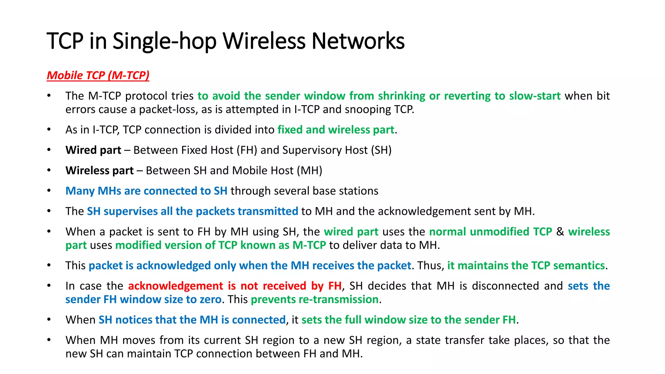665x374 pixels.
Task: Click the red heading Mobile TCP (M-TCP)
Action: click(98, 75)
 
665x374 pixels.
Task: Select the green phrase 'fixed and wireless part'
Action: click(336, 130)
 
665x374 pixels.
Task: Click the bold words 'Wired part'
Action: click(93, 150)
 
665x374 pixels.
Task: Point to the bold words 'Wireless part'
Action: click(99, 171)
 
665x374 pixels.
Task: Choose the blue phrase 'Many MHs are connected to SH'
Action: click(146, 191)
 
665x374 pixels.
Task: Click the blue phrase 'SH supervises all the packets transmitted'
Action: click(192, 211)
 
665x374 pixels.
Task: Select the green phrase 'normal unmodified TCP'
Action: click(490, 232)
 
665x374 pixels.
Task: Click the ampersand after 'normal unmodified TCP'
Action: click(560, 232)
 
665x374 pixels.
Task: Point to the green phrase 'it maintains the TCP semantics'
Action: click(526, 266)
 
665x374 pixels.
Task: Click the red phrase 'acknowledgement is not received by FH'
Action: click(234, 286)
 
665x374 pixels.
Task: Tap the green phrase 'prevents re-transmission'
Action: click(315, 299)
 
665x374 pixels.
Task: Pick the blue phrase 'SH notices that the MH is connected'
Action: click(192, 320)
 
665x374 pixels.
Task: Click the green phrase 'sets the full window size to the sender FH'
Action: click(408, 320)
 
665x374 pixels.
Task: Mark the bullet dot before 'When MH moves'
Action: click(49, 340)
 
